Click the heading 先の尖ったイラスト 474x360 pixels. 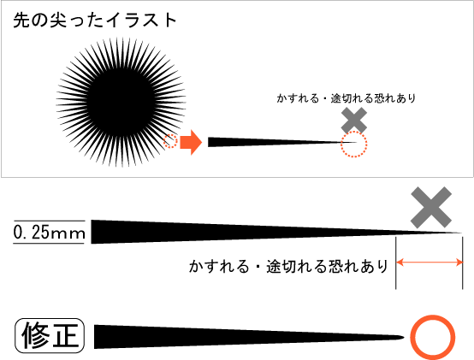click(x=95, y=21)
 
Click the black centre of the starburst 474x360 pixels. click(x=121, y=102)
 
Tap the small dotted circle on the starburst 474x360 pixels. click(x=170, y=141)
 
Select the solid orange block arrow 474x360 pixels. click(x=191, y=142)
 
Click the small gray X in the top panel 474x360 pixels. click(x=354, y=121)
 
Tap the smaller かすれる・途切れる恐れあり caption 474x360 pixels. click(x=347, y=98)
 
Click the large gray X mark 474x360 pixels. click(x=431, y=207)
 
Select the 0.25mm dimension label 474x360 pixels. click(x=49, y=233)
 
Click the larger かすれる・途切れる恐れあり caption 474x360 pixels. click(x=288, y=266)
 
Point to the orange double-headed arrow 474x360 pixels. click(x=430, y=263)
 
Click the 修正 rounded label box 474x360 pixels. click(x=50, y=335)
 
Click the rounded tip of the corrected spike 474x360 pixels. click(x=403, y=337)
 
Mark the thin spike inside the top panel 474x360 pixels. click(x=282, y=142)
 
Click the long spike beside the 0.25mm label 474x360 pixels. click(x=276, y=232)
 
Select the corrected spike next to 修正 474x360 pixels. click(x=249, y=337)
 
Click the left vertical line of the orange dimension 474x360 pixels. click(x=396, y=263)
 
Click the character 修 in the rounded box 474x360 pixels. click(x=35, y=335)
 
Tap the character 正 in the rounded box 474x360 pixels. click(x=65, y=335)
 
